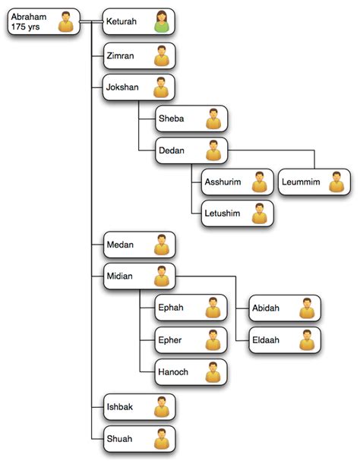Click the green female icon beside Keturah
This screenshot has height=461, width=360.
click(162, 21)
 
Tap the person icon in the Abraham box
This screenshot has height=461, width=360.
click(65, 21)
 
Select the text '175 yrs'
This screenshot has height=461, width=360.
click(25, 27)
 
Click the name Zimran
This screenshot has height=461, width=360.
click(120, 55)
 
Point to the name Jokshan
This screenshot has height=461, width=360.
click(122, 87)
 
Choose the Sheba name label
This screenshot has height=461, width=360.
click(171, 118)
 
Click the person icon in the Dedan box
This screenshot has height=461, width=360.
click(213, 150)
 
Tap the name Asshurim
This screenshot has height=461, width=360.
click(223, 182)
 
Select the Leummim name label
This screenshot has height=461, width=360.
click(301, 182)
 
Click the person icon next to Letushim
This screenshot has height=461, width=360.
click(260, 213)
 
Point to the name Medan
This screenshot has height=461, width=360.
click(120, 245)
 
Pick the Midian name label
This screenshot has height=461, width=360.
click(120, 276)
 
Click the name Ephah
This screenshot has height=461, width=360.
click(171, 308)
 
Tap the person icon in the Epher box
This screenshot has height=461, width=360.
click(213, 340)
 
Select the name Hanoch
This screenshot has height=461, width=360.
click(173, 372)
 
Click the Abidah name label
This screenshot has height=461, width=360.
click(266, 308)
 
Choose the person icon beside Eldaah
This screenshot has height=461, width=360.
click(307, 340)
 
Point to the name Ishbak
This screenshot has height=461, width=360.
click(120, 407)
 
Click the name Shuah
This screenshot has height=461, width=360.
click(119, 439)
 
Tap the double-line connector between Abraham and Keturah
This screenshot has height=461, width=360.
click(91, 21)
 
